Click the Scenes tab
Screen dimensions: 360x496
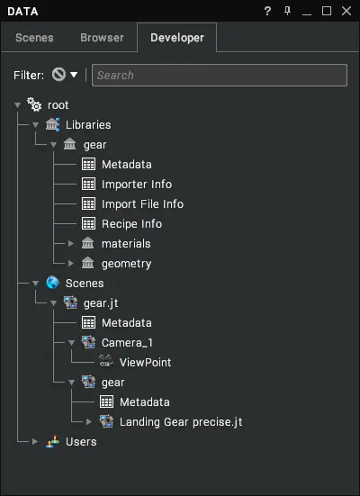(x=34, y=38)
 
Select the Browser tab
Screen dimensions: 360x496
(x=102, y=38)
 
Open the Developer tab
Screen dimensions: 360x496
(x=177, y=38)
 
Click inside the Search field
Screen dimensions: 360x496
(x=220, y=76)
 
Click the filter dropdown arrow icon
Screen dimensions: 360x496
(x=74, y=75)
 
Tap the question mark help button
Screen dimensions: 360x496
(x=267, y=11)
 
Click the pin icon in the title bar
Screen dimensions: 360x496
(x=287, y=11)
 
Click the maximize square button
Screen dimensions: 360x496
(x=327, y=11)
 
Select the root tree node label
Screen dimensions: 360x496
(x=58, y=105)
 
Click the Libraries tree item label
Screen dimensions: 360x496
(x=88, y=125)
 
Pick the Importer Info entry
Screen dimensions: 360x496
(x=137, y=185)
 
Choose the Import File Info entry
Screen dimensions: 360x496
(x=142, y=204)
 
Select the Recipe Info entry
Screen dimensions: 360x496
(x=131, y=224)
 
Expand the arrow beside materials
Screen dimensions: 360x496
(x=71, y=244)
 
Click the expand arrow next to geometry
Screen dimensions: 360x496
(x=71, y=264)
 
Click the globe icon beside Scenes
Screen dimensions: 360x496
(x=52, y=283)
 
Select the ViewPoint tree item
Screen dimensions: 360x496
(x=145, y=363)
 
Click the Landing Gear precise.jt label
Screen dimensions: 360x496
(x=181, y=422)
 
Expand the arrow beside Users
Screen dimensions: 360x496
(x=35, y=442)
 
